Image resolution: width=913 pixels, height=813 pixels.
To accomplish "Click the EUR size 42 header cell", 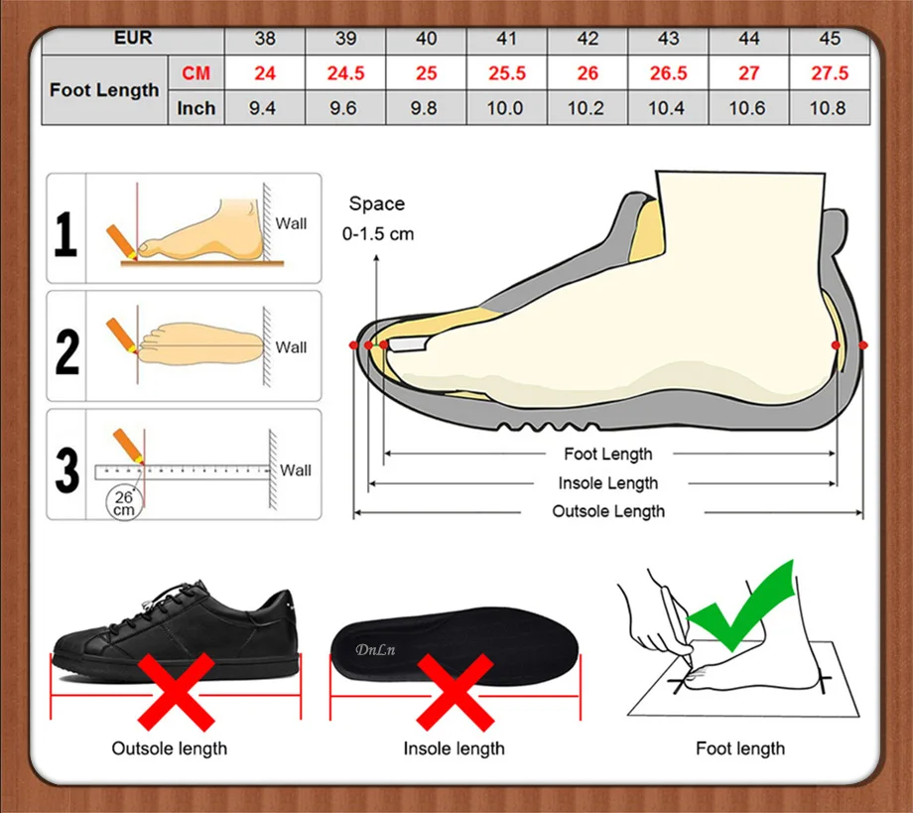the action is tap(587, 39).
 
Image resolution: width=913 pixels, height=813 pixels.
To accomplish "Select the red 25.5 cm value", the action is tap(506, 73).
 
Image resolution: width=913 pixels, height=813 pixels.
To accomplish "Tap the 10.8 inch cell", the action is tap(828, 108).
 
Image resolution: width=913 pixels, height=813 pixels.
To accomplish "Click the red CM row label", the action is tap(196, 73).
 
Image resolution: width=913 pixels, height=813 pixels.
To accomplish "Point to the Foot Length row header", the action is tap(104, 90).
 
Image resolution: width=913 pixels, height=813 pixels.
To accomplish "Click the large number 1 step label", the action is tap(65, 234).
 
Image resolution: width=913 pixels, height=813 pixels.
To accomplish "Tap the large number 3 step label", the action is tap(66, 470).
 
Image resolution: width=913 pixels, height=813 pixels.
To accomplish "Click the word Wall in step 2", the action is tap(291, 347).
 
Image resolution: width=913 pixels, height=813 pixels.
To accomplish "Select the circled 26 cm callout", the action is tap(124, 503).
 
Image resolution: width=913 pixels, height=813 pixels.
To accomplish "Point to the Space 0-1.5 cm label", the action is tap(378, 218).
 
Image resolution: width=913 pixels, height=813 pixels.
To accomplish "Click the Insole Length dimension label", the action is tap(608, 483).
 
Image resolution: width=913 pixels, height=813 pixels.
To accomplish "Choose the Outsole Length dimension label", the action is tap(608, 511).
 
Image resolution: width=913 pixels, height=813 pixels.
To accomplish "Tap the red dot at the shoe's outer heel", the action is tap(863, 345).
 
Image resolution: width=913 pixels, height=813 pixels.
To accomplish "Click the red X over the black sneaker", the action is tap(177, 692).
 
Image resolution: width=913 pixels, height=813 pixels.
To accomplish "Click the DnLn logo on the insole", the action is tap(375, 649).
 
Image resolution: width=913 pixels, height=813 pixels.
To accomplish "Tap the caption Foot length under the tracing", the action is tap(740, 748).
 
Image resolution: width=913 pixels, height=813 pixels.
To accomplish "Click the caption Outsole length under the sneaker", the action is tap(170, 748).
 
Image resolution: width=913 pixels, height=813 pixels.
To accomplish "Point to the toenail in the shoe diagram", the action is tap(408, 344).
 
